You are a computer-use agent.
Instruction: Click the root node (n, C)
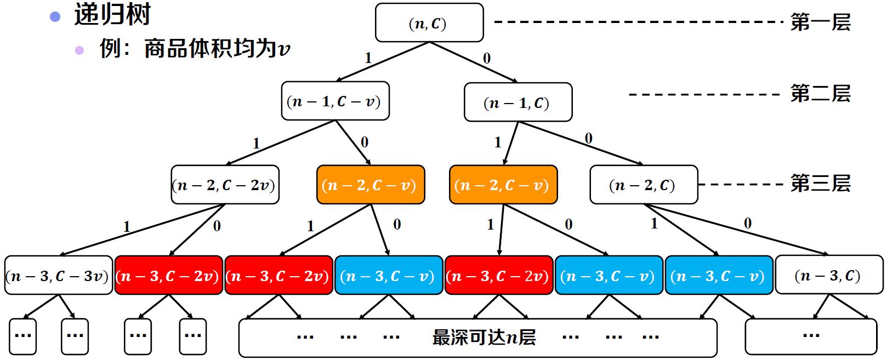(429, 23)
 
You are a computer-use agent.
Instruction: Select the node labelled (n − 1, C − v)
(335, 101)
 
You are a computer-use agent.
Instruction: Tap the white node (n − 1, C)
(518, 102)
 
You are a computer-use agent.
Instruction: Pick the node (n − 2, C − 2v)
(225, 185)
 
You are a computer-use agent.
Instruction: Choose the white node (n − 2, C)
(644, 185)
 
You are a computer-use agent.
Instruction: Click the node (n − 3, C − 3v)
(59, 276)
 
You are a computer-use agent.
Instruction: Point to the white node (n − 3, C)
(829, 275)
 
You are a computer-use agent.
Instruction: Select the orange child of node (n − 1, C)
(503, 185)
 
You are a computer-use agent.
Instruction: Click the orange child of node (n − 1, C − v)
(371, 185)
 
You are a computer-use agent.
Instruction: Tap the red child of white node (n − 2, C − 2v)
(169, 276)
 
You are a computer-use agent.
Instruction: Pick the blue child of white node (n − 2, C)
(719, 276)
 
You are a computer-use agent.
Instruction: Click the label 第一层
(820, 22)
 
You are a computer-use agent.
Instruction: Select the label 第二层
(820, 94)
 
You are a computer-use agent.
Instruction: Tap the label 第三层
(820, 184)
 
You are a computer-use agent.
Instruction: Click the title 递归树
(112, 14)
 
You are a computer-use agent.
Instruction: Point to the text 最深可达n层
(484, 337)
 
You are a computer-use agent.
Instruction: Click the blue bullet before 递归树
(55, 17)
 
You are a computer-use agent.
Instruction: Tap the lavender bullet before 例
(79, 50)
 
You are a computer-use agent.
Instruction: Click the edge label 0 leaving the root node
(487, 58)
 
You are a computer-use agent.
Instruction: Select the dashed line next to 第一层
(639, 22)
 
